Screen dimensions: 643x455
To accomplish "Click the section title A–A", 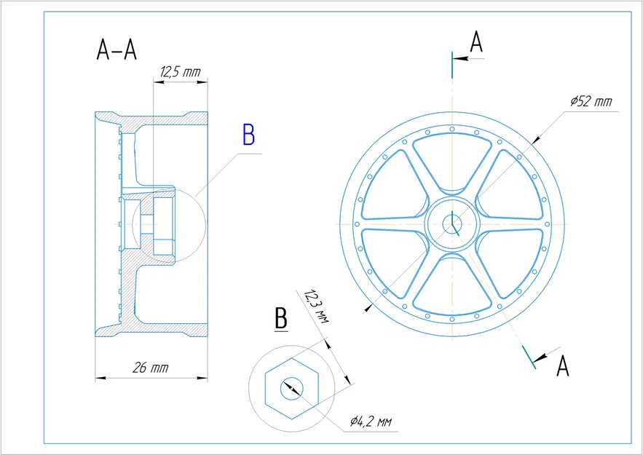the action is click(x=117, y=50).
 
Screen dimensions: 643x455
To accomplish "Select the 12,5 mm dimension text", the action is click(x=181, y=72).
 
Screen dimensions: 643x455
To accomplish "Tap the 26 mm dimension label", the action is click(x=150, y=368).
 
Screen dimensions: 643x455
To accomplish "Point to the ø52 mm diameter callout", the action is click(x=591, y=101).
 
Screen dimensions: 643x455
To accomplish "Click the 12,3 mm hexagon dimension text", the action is click(x=316, y=306).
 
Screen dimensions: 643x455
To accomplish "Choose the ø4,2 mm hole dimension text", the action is click(x=371, y=422).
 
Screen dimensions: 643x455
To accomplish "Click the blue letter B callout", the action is click(x=248, y=135).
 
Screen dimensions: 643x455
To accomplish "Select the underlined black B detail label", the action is click(x=281, y=319).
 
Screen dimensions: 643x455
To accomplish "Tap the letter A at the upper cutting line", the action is click(x=476, y=41).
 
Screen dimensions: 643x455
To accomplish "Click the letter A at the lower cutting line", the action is click(x=563, y=366).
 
